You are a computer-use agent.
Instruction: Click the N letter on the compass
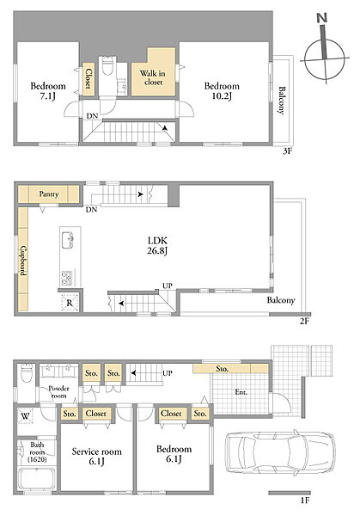pyautogui.click(x=322, y=18)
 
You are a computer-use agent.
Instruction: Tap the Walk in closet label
pyautogui.click(x=153, y=77)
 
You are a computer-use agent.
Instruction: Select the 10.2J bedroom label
pyautogui.click(x=222, y=91)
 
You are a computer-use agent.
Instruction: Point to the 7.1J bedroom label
pyautogui.click(x=48, y=91)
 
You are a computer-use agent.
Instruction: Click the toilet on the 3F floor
pyautogui.click(x=107, y=66)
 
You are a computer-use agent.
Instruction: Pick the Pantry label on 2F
pyautogui.click(x=49, y=193)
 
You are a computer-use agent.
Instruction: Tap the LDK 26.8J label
pyautogui.click(x=157, y=245)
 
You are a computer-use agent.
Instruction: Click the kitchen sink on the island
pyautogui.click(x=67, y=240)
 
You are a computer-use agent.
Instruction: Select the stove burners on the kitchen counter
pyautogui.click(x=66, y=278)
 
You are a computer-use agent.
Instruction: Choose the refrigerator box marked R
pyautogui.click(x=70, y=303)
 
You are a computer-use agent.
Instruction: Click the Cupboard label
pyautogui.click(x=23, y=261)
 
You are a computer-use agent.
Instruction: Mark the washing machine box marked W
pyautogui.click(x=25, y=416)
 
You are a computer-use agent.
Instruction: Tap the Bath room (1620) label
pyautogui.click(x=37, y=452)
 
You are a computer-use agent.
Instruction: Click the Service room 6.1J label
pyautogui.click(x=96, y=457)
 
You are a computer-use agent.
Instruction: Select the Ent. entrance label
pyautogui.click(x=241, y=392)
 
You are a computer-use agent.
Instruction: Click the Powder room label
pyautogui.click(x=58, y=392)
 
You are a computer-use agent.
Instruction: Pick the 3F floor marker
pyautogui.click(x=287, y=151)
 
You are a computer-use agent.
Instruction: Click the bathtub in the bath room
pyautogui.click(x=36, y=479)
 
